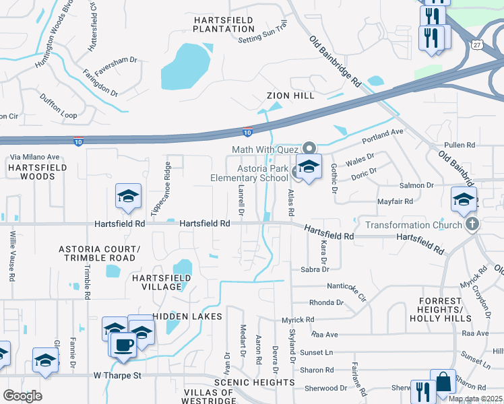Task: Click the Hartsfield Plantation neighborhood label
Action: [x=224, y=25]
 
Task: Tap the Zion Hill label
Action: [x=290, y=96]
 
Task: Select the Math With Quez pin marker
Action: [x=309, y=147]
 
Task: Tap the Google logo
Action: [x=22, y=395]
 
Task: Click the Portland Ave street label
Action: [x=382, y=137]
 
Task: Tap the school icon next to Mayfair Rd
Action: [x=464, y=199]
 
